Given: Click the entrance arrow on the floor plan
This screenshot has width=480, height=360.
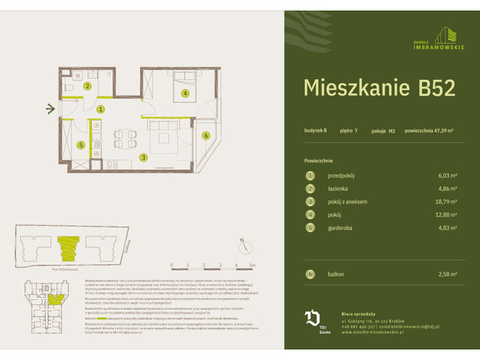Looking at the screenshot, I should (50, 109).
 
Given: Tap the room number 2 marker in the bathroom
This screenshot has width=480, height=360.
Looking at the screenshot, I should (88, 87).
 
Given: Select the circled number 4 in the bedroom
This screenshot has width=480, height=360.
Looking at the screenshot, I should (184, 94).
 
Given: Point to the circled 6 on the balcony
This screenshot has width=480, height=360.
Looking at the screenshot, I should (205, 135).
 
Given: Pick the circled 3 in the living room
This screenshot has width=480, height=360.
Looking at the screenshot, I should (142, 157).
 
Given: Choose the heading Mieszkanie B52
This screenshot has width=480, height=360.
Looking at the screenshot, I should (379, 88).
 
